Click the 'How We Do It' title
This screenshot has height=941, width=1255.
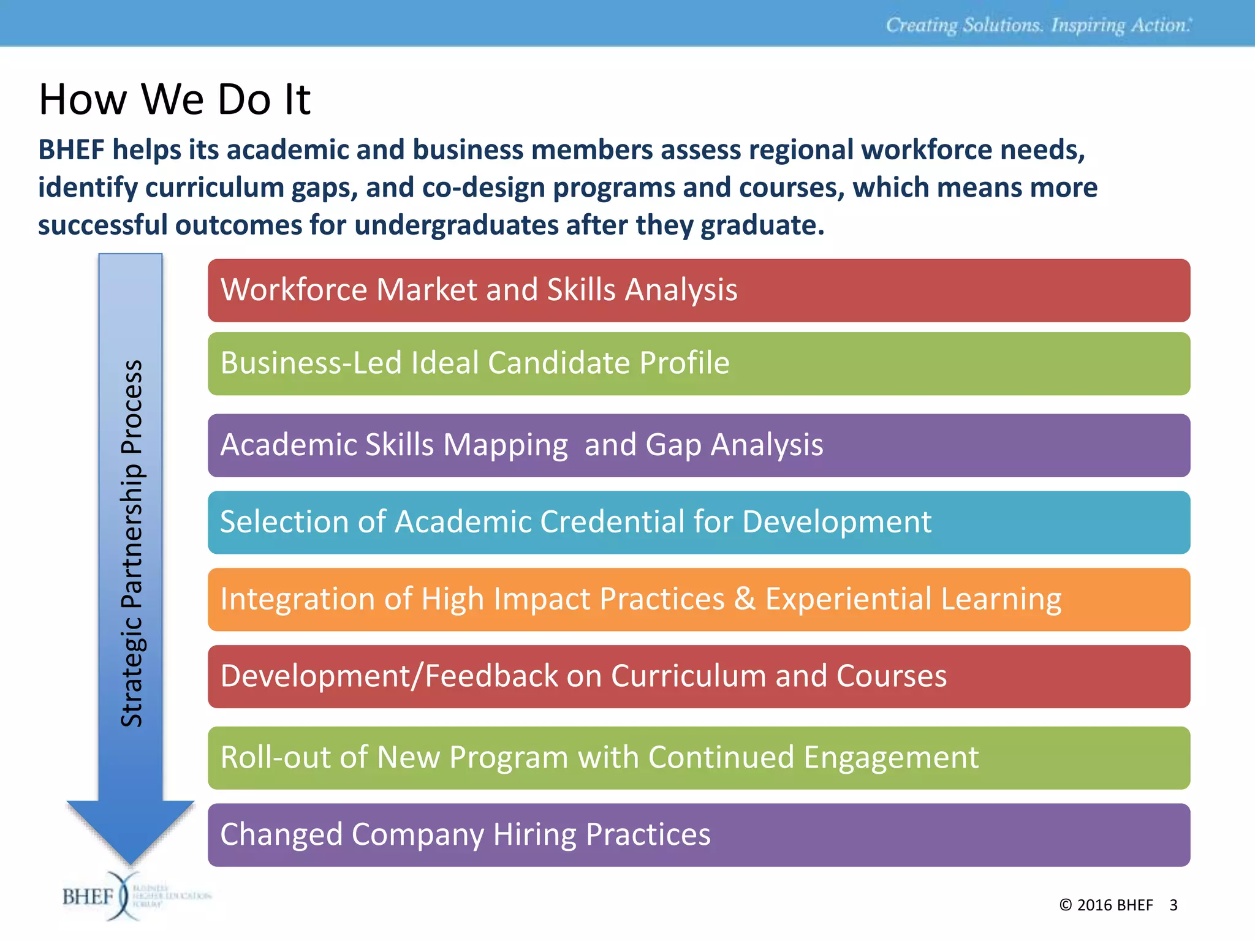coord(175,99)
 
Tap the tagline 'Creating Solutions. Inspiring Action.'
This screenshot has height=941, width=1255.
coord(1038,25)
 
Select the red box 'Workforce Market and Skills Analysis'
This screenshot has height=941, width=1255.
coord(699,290)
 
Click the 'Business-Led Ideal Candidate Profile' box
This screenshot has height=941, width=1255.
coord(699,364)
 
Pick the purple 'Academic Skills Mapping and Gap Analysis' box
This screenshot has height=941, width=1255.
coord(699,445)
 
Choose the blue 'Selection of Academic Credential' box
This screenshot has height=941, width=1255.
coord(699,523)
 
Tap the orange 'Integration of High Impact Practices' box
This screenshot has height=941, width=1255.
coord(699,600)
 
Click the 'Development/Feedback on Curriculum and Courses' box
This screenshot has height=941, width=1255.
coord(699,677)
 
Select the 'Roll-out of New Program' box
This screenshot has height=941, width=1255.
coord(699,758)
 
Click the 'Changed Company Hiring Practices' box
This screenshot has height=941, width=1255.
coord(699,835)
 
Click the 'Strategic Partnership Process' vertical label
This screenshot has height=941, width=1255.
coord(131,543)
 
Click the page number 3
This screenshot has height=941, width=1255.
coord(1173,905)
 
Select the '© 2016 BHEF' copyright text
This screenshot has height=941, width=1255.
coord(1105,905)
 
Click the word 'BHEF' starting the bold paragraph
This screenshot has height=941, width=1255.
coord(71,150)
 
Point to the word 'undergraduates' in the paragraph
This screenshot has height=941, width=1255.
coord(456,225)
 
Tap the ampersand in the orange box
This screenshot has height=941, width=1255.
coord(745,599)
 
